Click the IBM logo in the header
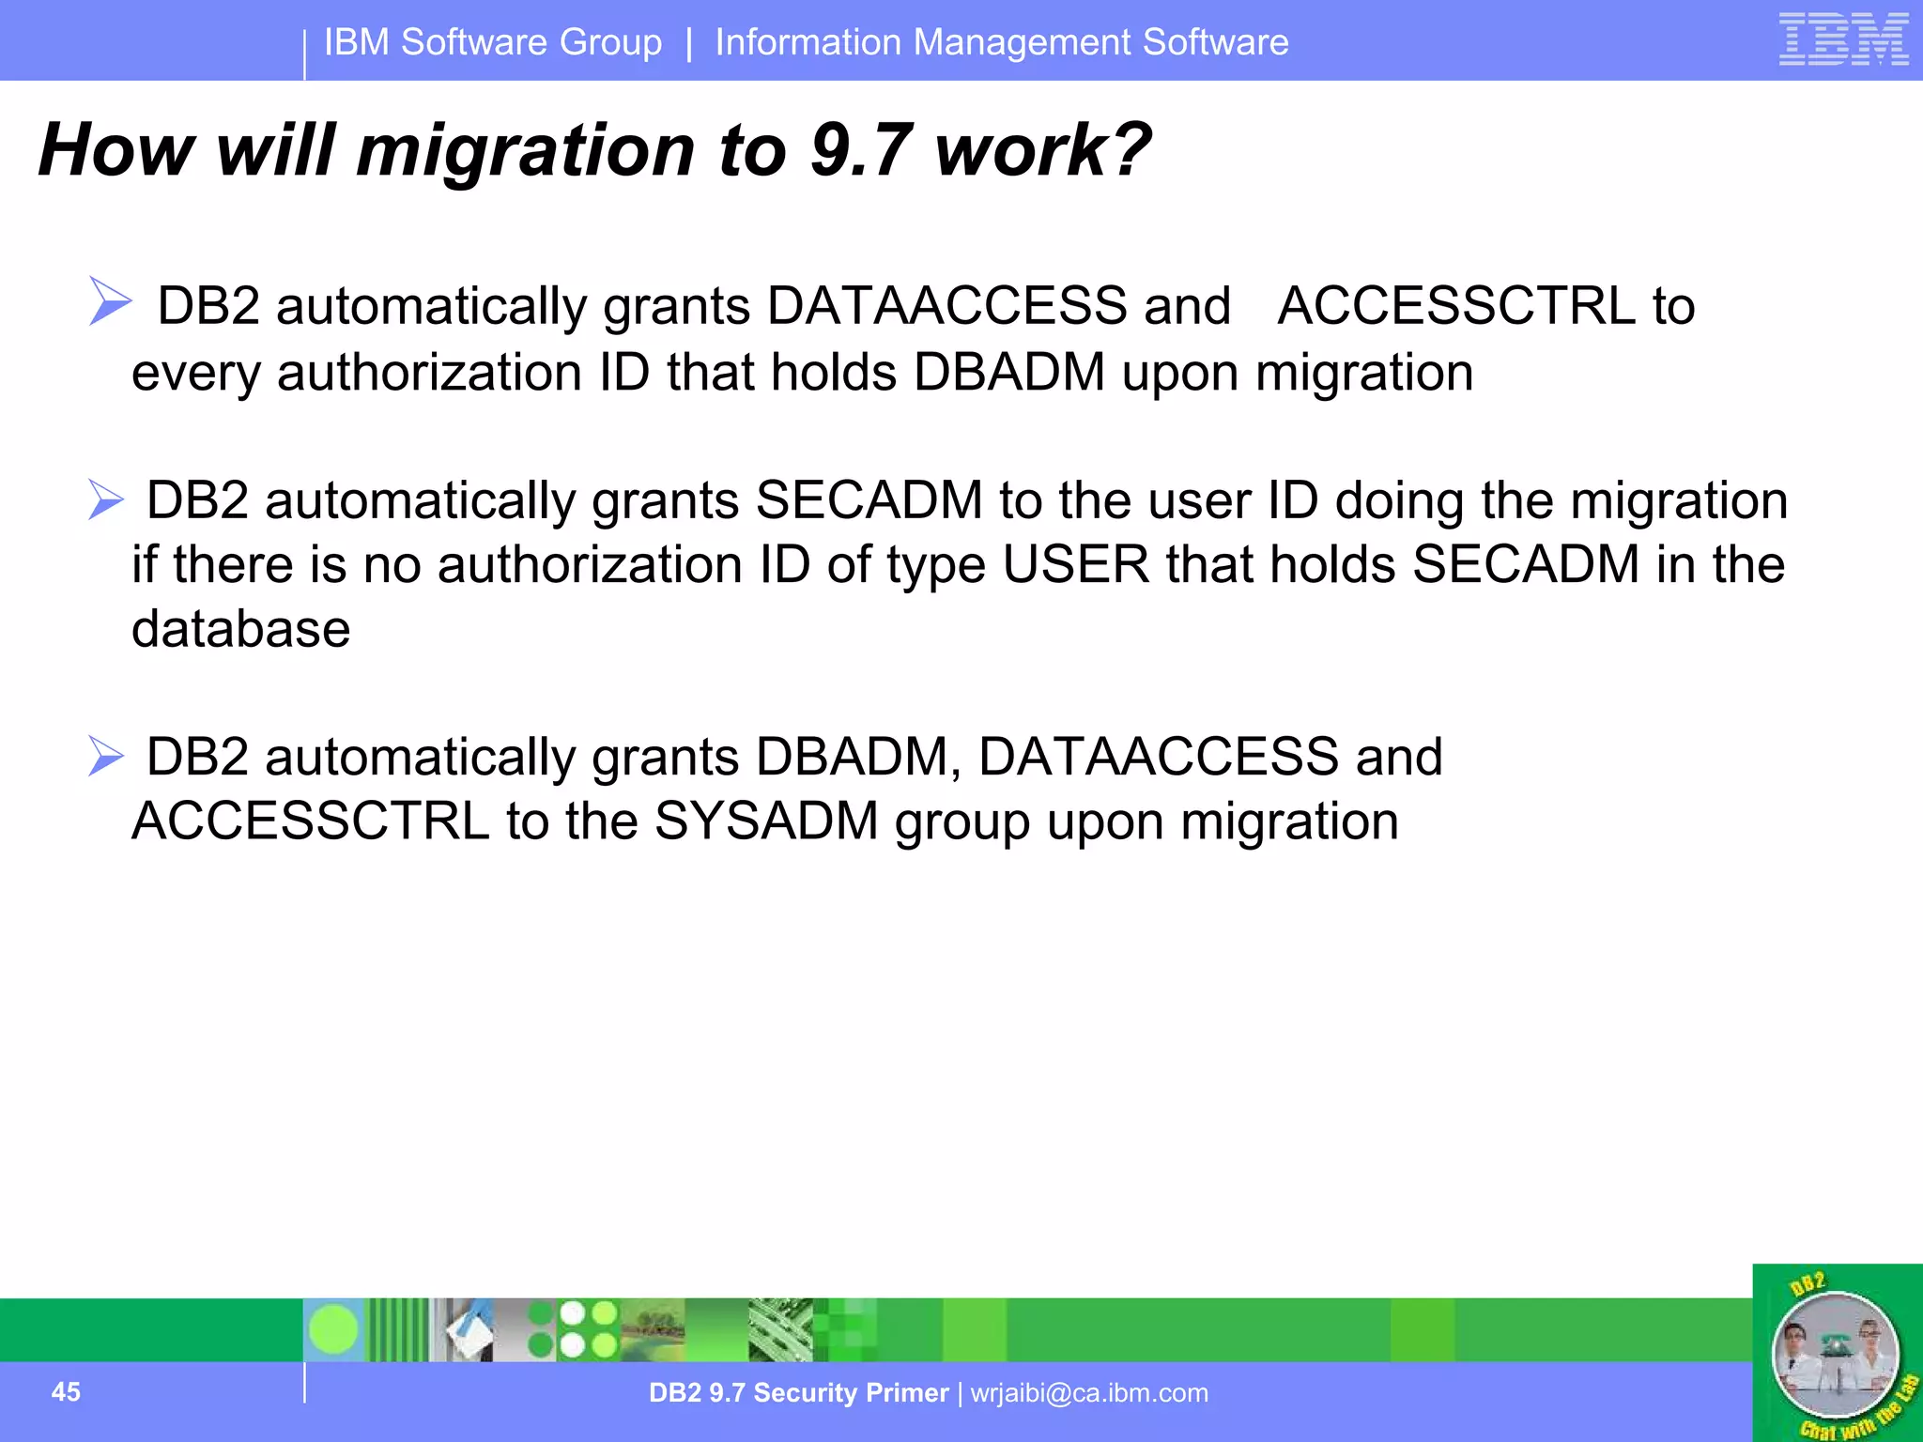click(x=1843, y=39)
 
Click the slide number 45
click(x=66, y=1391)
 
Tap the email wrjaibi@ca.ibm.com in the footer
click(x=1089, y=1392)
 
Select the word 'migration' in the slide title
click(x=526, y=150)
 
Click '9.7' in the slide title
click(x=861, y=150)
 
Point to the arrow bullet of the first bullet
click(x=110, y=301)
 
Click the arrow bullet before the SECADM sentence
click(x=106, y=499)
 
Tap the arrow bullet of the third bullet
click(x=106, y=756)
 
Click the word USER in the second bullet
click(x=1075, y=565)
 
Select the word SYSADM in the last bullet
click(x=765, y=821)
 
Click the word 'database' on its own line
click(x=240, y=629)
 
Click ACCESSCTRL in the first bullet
click(x=1456, y=306)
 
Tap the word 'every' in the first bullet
click(x=195, y=373)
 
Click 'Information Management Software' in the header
click(x=1002, y=42)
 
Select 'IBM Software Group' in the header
click(x=493, y=42)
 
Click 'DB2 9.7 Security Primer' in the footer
click(x=798, y=1392)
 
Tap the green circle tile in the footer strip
click(x=333, y=1329)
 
